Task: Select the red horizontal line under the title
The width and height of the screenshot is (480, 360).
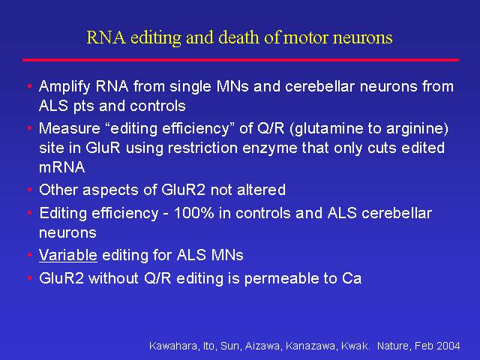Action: tap(241, 60)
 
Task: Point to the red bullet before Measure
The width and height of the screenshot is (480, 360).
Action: tap(29, 127)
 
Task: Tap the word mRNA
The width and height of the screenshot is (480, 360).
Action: tap(61, 167)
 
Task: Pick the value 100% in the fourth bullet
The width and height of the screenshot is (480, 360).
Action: tap(193, 213)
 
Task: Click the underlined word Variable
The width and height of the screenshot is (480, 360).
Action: tap(68, 255)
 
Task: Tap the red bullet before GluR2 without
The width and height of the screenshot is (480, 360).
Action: tap(29, 278)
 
